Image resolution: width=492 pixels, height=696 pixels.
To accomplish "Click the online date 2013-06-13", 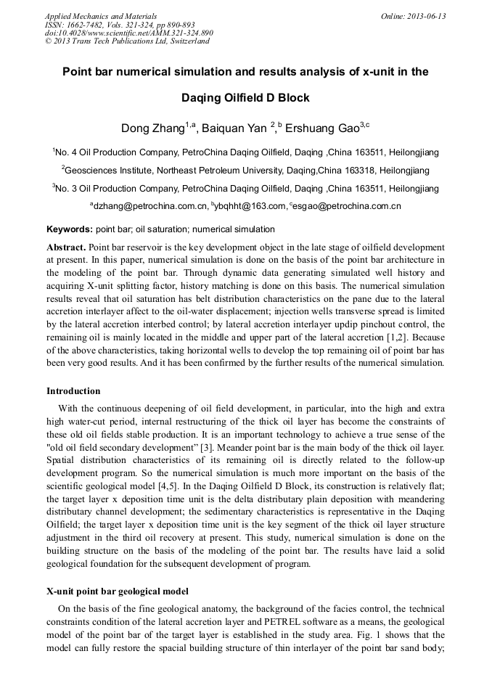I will tap(413, 16).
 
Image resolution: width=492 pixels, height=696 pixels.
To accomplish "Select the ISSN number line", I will tap(120, 25).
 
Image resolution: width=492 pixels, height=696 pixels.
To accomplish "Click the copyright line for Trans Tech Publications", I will tap(127, 41).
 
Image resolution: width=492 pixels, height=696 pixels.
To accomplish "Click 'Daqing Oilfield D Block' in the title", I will tap(245, 97).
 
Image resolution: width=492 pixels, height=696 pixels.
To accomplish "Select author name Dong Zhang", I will tap(152, 129).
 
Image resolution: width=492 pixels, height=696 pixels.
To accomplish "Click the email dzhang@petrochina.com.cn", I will tap(150, 206).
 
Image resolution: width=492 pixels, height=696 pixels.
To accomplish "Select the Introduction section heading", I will tap(73, 391).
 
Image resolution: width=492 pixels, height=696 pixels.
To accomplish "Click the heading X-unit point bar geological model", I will tap(117, 591).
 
